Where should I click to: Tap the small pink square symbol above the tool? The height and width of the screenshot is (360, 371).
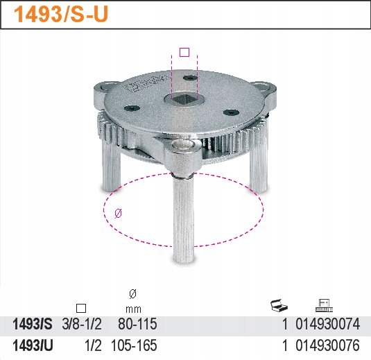point(184,51)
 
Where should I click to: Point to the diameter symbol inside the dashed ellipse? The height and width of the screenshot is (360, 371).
point(118,214)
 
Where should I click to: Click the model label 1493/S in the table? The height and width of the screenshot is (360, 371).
point(32,324)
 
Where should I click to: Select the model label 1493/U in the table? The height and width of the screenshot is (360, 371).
point(32,345)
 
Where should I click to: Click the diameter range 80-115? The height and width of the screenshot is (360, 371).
point(138,324)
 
